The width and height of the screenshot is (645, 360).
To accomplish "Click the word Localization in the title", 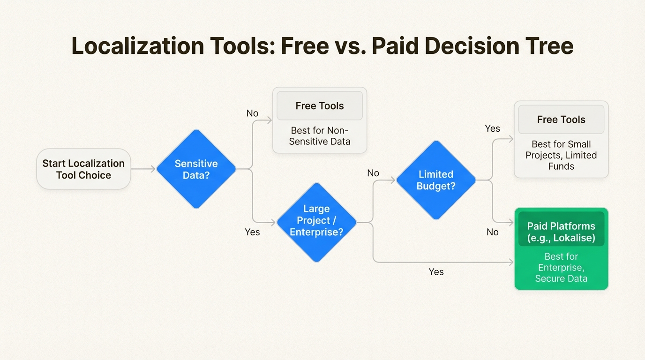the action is pos(138,45).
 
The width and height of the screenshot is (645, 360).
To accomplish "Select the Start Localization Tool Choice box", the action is pos(83,169).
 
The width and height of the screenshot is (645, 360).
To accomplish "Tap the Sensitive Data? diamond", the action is pos(196,169).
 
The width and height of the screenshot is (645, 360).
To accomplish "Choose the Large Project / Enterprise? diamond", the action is pos(316,222).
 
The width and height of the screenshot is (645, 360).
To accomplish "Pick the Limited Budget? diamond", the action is pos(436,180).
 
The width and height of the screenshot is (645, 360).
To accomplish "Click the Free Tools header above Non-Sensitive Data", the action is pos(320,105).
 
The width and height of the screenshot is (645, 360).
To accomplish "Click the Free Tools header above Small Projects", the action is pos(561,119).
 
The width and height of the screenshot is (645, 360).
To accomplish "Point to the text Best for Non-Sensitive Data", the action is pos(320,136).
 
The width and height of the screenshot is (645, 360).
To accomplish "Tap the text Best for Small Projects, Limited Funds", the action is pos(561,155).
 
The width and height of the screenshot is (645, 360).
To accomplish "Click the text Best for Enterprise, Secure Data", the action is pos(561,268).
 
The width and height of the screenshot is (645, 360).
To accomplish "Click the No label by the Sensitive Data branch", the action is pos(252,113).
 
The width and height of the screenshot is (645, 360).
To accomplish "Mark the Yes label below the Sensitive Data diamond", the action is pos(252,232).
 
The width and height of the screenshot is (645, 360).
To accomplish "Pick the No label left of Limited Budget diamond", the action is pos(373,173).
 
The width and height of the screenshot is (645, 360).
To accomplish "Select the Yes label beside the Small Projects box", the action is pos(492,128).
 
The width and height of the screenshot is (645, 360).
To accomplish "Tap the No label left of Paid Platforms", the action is pos(493,232).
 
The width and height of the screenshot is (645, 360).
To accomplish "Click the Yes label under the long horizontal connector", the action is pos(436,271).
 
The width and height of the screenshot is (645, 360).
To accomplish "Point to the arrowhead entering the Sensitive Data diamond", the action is pos(153,169).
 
